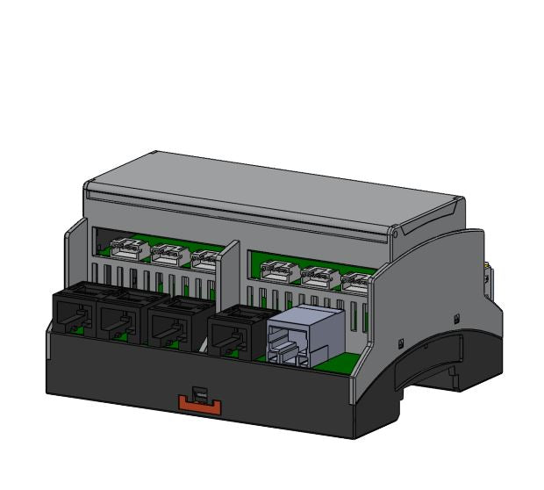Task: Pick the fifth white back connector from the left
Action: point(319,277)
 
